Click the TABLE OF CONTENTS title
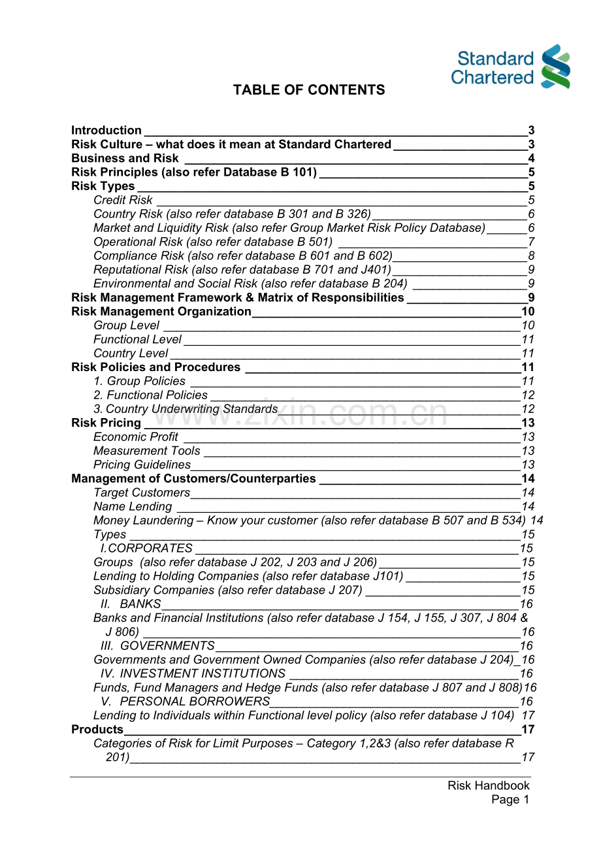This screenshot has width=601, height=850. tap(309, 90)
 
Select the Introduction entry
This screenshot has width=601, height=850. tap(106, 131)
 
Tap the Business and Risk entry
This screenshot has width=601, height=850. tap(125, 158)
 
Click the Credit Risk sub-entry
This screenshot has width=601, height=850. tap(123, 200)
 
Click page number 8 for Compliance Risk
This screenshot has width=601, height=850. tap(531, 256)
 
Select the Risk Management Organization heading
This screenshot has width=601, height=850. tap(161, 312)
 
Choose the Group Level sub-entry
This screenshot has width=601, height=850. tap(126, 325)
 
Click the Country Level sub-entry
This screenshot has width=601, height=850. tap(131, 353)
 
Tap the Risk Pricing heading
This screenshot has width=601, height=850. tap(106, 423)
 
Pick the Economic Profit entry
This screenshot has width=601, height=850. tap(136, 436)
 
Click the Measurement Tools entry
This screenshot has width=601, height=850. tap(147, 451)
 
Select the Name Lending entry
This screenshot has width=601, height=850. tap(133, 506)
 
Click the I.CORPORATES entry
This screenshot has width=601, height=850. tap(147, 548)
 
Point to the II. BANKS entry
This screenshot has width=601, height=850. tap(131, 604)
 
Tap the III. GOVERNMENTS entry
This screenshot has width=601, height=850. tap(157, 646)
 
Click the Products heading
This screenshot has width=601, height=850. tap(97, 729)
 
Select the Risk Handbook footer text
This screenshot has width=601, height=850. tap(489, 785)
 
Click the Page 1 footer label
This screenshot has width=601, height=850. tap(510, 800)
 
